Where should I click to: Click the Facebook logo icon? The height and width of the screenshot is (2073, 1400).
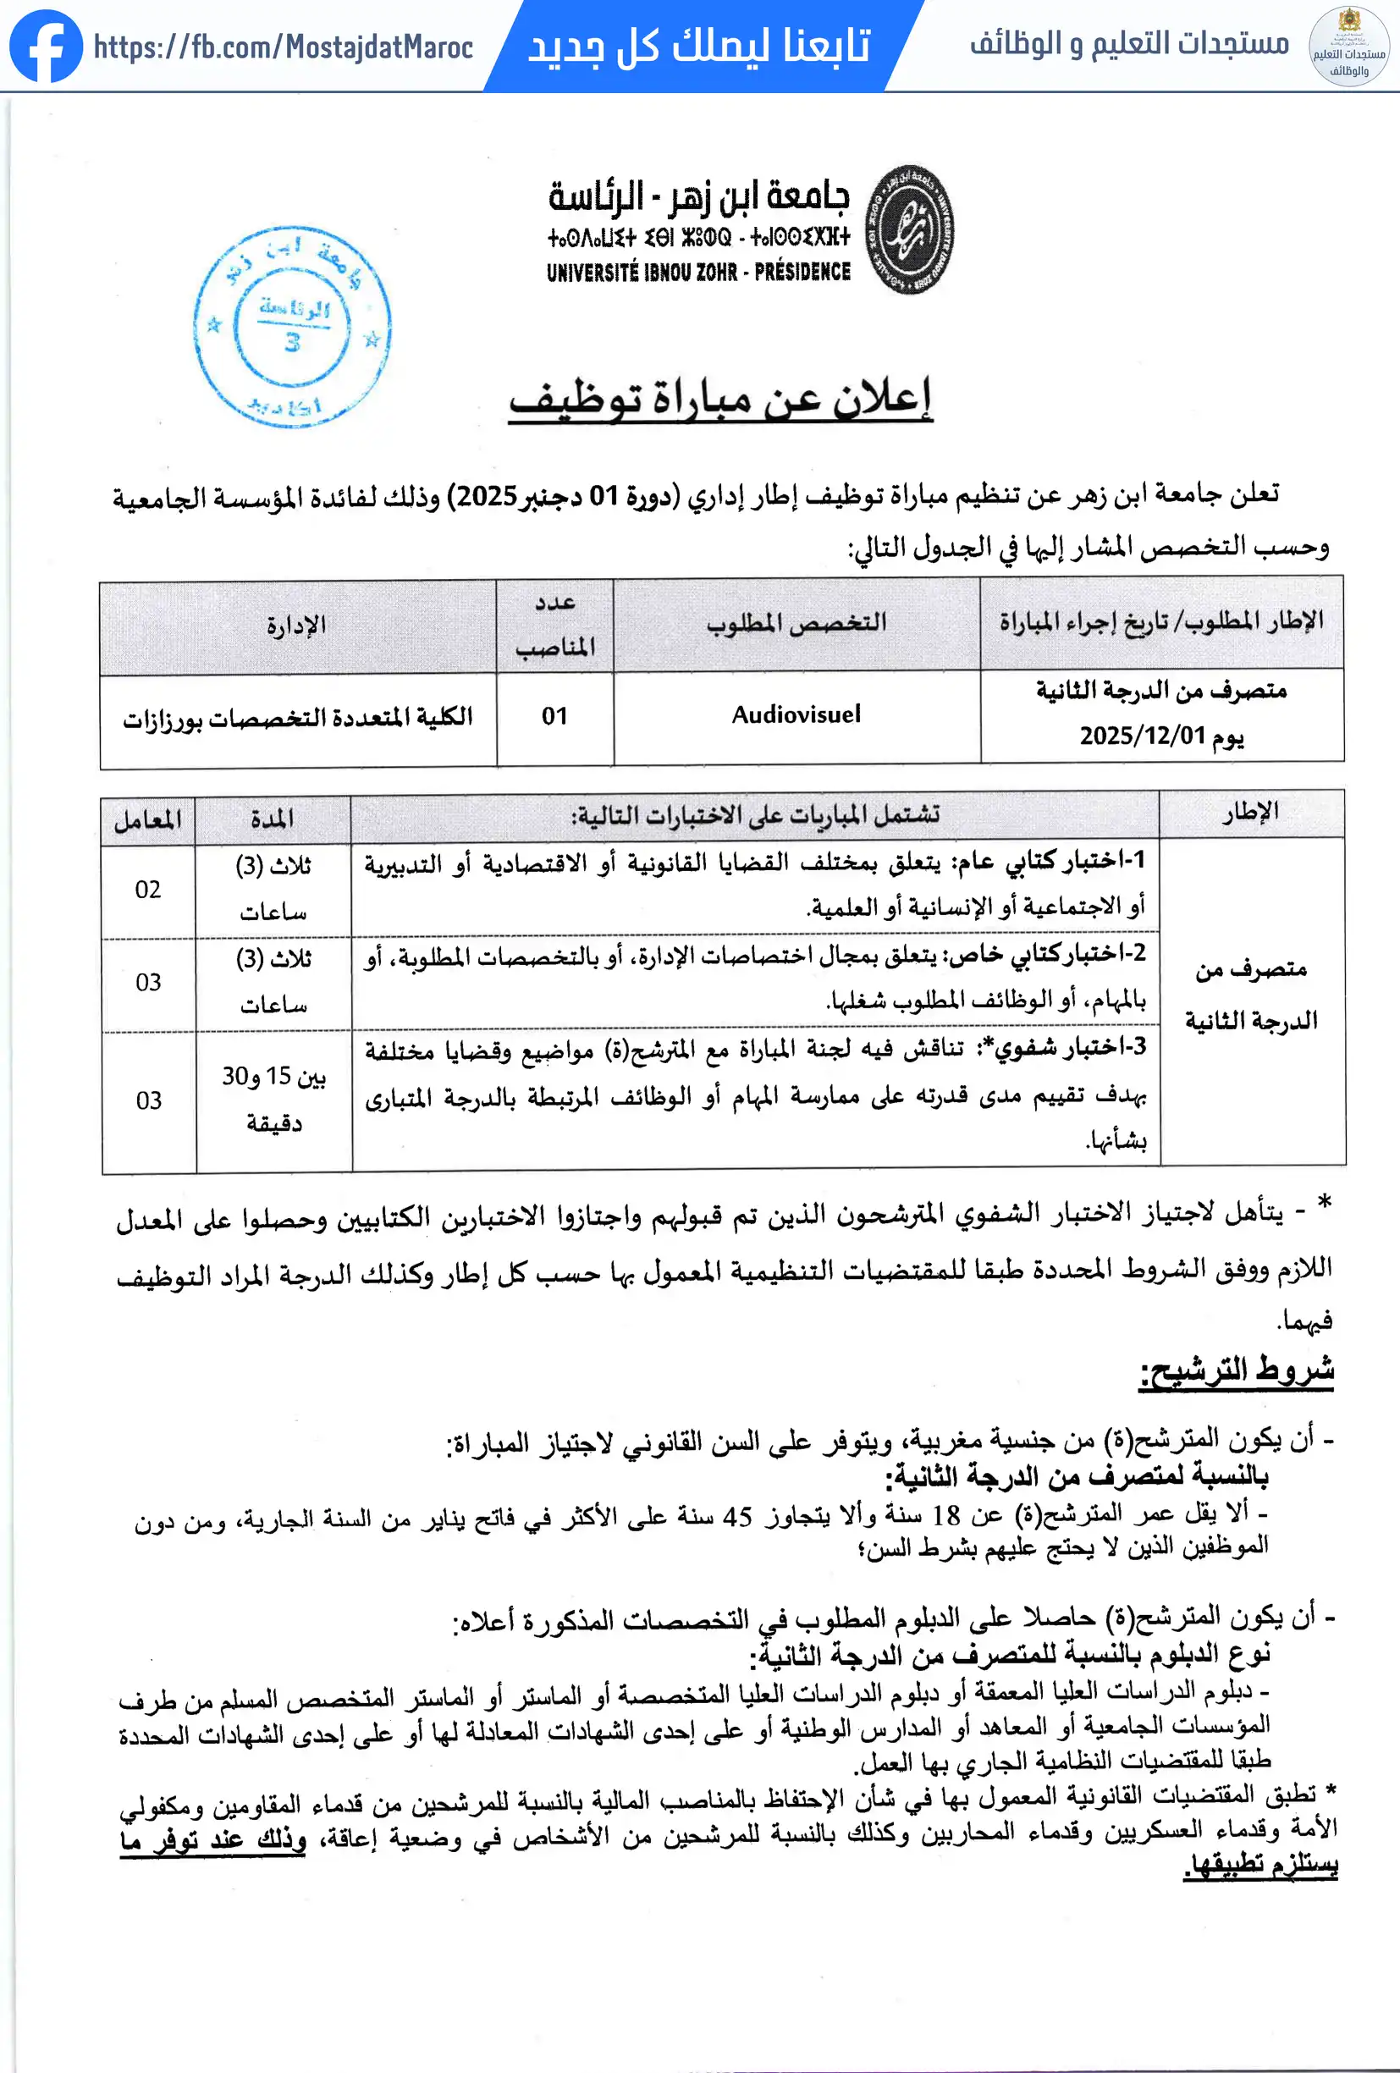(x=46, y=47)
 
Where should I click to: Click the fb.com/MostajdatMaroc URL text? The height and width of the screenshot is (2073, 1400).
(x=283, y=47)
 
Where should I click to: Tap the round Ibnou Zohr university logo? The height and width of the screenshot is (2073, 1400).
(x=910, y=229)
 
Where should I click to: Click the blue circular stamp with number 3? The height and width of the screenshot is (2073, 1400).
(x=291, y=327)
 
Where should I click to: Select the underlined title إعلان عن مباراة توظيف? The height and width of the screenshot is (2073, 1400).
(x=719, y=399)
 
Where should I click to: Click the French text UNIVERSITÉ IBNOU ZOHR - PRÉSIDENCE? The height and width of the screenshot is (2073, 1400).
(x=698, y=272)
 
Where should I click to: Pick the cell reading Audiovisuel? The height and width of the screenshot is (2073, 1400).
(x=796, y=714)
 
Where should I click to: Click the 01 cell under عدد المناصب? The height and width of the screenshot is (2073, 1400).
(x=554, y=716)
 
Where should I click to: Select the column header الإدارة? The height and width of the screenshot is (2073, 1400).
(x=296, y=626)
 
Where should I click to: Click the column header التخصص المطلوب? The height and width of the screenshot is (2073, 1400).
(x=796, y=623)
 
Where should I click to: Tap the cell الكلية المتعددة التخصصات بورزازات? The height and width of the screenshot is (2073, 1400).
(x=298, y=718)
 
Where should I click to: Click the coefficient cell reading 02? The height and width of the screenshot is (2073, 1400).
(x=148, y=890)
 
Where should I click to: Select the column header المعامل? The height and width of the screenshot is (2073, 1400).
(x=147, y=819)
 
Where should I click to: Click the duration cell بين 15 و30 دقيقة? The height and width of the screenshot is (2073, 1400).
(x=273, y=1099)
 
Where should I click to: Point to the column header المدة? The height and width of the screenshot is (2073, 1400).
(x=272, y=819)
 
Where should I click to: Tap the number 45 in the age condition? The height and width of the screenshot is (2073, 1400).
(x=736, y=1516)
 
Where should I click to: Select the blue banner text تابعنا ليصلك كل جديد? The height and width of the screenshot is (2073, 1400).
(x=698, y=46)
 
